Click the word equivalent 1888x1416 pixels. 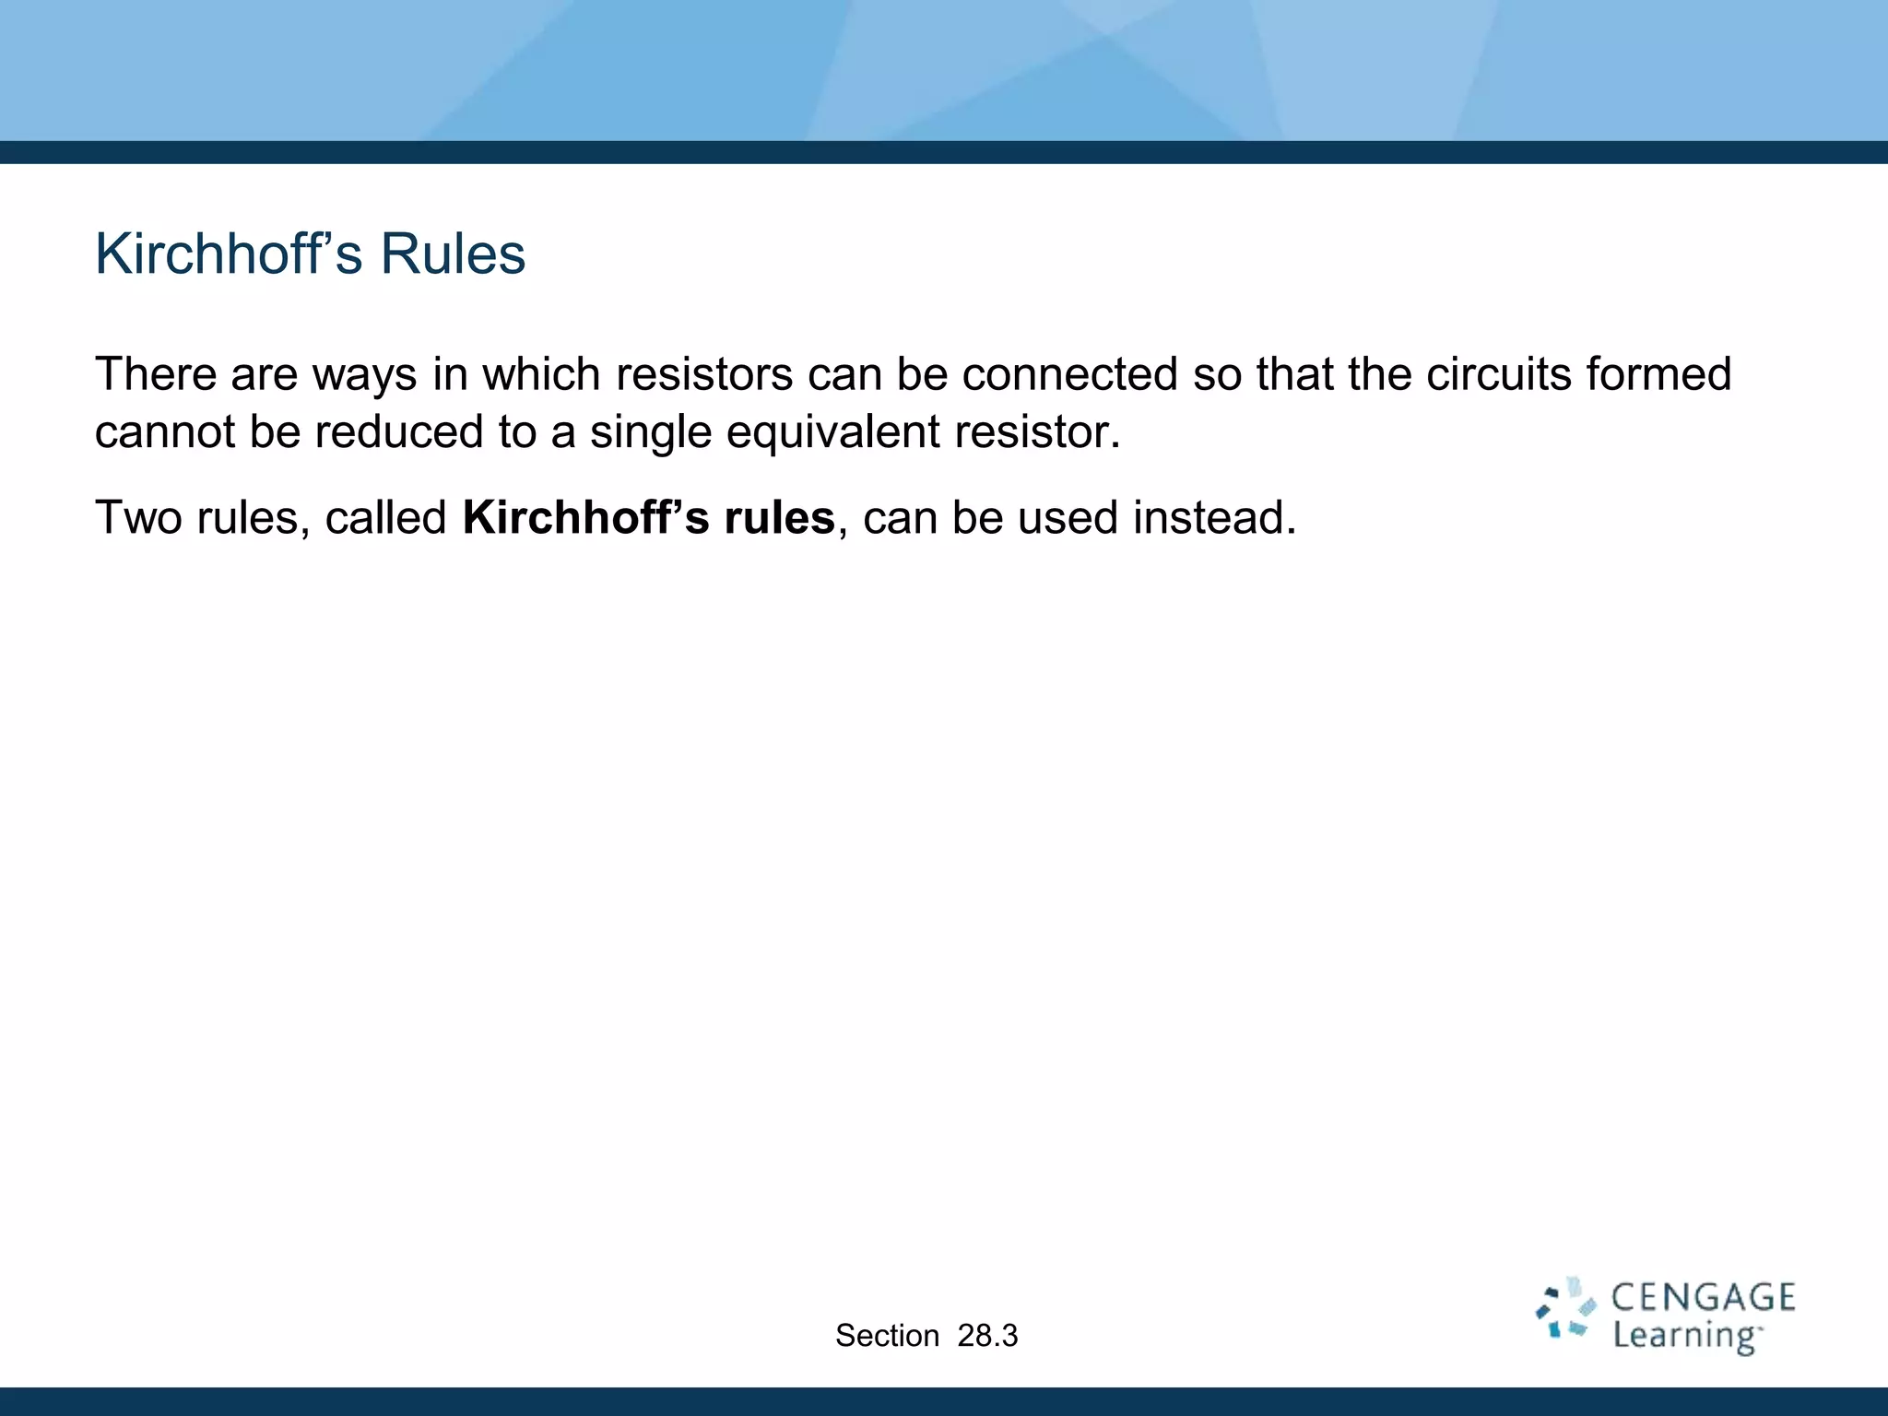click(x=832, y=432)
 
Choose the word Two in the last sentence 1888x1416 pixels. click(x=138, y=518)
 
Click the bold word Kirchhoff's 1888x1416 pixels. click(x=585, y=518)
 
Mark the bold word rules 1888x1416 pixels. click(x=779, y=518)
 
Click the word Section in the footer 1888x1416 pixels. click(x=887, y=1336)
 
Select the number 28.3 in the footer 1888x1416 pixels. click(x=987, y=1336)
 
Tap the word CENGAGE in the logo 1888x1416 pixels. click(x=1703, y=1298)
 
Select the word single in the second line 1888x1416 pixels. click(x=651, y=432)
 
